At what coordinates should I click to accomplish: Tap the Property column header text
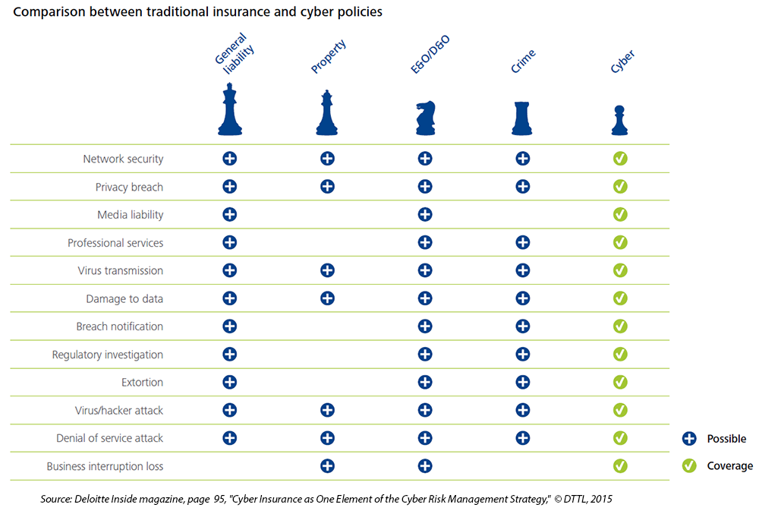tap(329, 58)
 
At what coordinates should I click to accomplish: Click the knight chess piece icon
tap(425, 118)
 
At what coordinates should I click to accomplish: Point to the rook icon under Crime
tap(523, 118)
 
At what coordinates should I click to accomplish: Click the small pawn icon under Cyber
tap(620, 121)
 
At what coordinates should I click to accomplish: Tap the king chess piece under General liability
tap(229, 109)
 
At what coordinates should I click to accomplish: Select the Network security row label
tap(123, 159)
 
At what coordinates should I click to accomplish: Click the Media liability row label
tap(130, 215)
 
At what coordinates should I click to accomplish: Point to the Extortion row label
tap(142, 383)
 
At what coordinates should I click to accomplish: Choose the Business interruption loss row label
tap(105, 466)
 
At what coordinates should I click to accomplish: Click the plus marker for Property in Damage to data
tap(327, 298)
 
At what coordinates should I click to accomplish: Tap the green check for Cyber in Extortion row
tap(620, 382)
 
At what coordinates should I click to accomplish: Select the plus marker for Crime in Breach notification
tap(522, 326)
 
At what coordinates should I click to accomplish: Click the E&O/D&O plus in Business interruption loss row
tap(425, 465)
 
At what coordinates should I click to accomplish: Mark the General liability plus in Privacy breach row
tap(229, 187)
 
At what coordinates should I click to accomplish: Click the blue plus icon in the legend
tap(689, 439)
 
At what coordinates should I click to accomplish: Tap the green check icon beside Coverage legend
tap(689, 466)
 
